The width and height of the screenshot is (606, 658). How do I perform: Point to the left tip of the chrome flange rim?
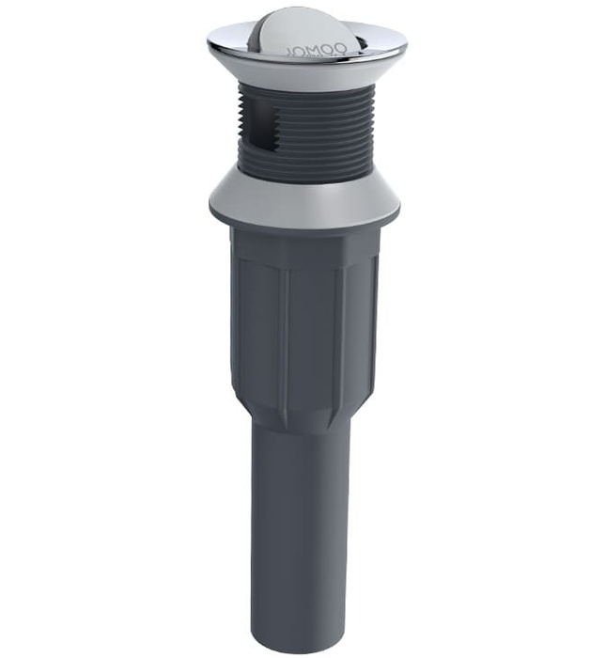click(x=210, y=40)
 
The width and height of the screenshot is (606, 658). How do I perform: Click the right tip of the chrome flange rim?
click(x=405, y=45)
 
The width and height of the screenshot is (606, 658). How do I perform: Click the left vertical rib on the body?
click(x=283, y=329)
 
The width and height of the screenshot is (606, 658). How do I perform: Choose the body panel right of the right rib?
click(x=362, y=329)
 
